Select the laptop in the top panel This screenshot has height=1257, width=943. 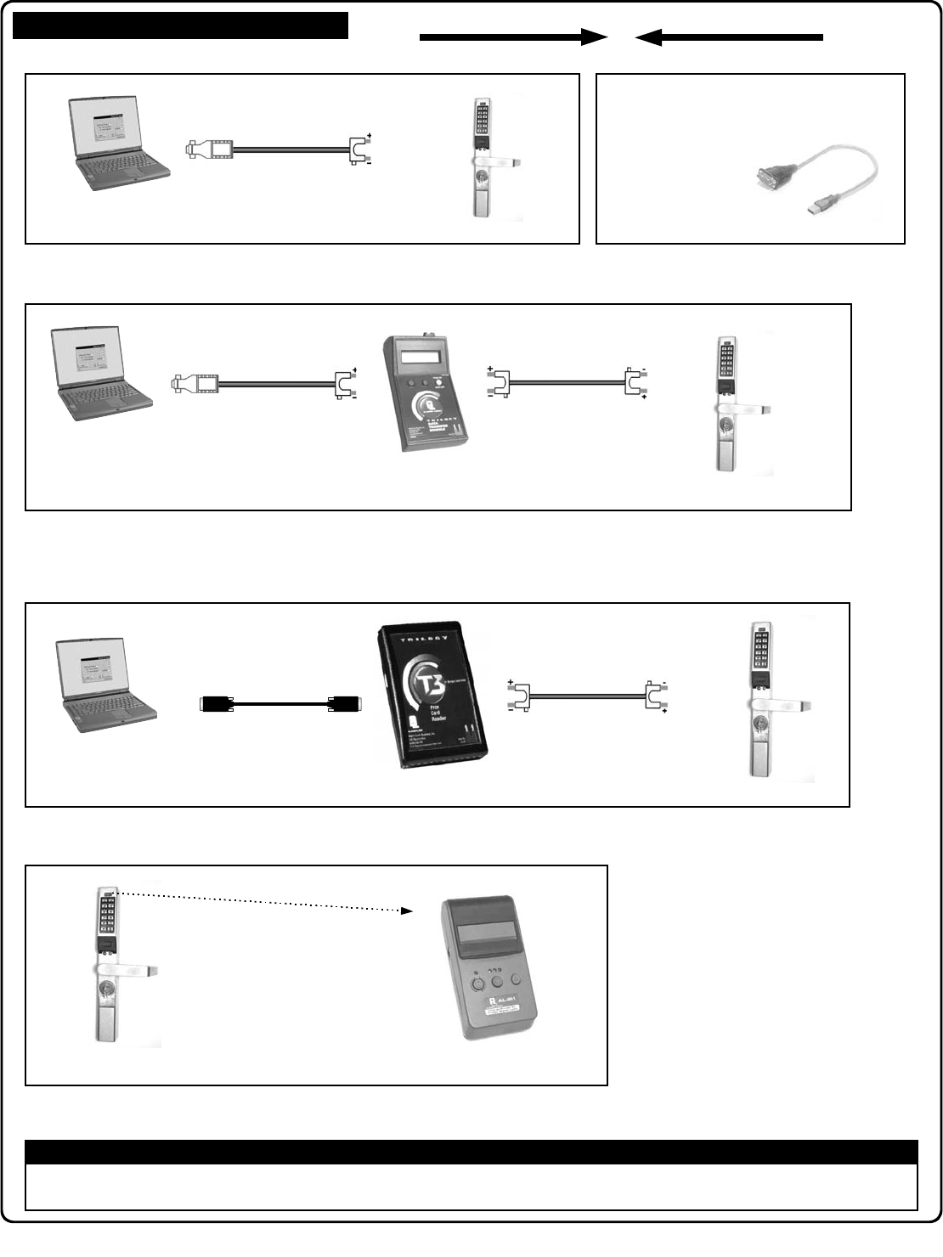point(118,143)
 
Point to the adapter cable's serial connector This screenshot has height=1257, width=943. point(769,179)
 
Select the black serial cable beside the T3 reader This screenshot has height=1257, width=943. point(280,703)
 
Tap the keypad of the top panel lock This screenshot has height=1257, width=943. point(482,121)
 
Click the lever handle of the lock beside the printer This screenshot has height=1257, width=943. point(127,969)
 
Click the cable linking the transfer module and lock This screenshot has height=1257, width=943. point(565,383)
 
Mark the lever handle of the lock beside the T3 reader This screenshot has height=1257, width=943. point(781,707)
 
